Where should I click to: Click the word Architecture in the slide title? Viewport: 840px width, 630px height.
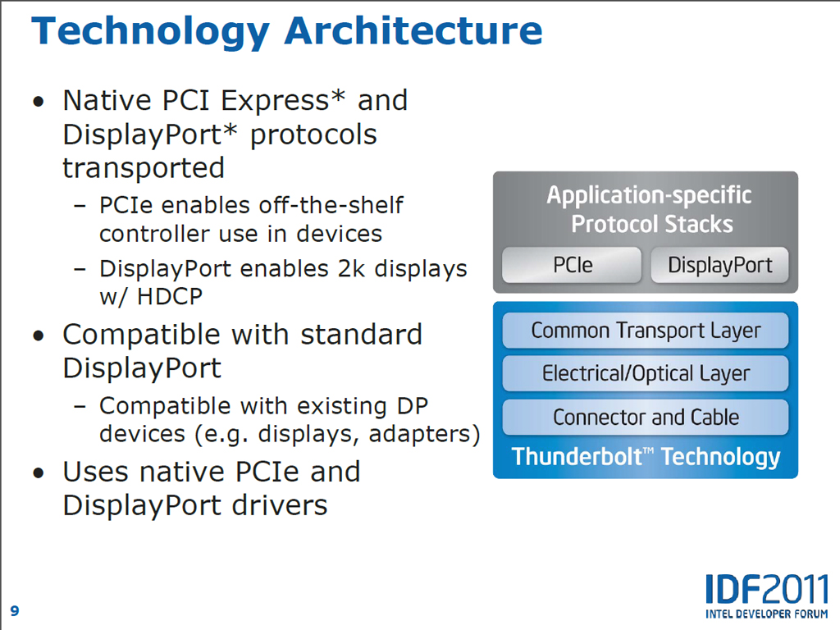[413, 30]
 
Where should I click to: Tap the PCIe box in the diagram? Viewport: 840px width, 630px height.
[572, 265]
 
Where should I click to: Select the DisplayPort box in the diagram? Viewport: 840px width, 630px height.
[719, 265]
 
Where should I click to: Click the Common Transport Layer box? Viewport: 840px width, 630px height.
[646, 330]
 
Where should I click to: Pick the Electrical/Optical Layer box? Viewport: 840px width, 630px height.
[646, 373]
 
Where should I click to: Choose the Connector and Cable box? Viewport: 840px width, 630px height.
[646, 417]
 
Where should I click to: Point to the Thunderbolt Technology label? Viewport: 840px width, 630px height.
[646, 457]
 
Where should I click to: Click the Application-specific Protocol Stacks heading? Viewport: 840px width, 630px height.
[650, 209]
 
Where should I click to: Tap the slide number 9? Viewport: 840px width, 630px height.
[15, 610]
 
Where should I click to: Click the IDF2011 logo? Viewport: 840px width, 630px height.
[767, 590]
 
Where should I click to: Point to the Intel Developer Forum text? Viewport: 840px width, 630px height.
[767, 614]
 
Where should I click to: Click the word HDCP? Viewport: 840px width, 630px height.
[170, 296]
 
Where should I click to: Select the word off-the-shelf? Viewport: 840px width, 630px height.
[331, 205]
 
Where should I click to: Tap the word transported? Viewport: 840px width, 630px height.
[144, 167]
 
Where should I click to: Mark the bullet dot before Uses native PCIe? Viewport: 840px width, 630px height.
[38, 473]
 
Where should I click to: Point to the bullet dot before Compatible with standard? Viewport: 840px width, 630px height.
[38, 336]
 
